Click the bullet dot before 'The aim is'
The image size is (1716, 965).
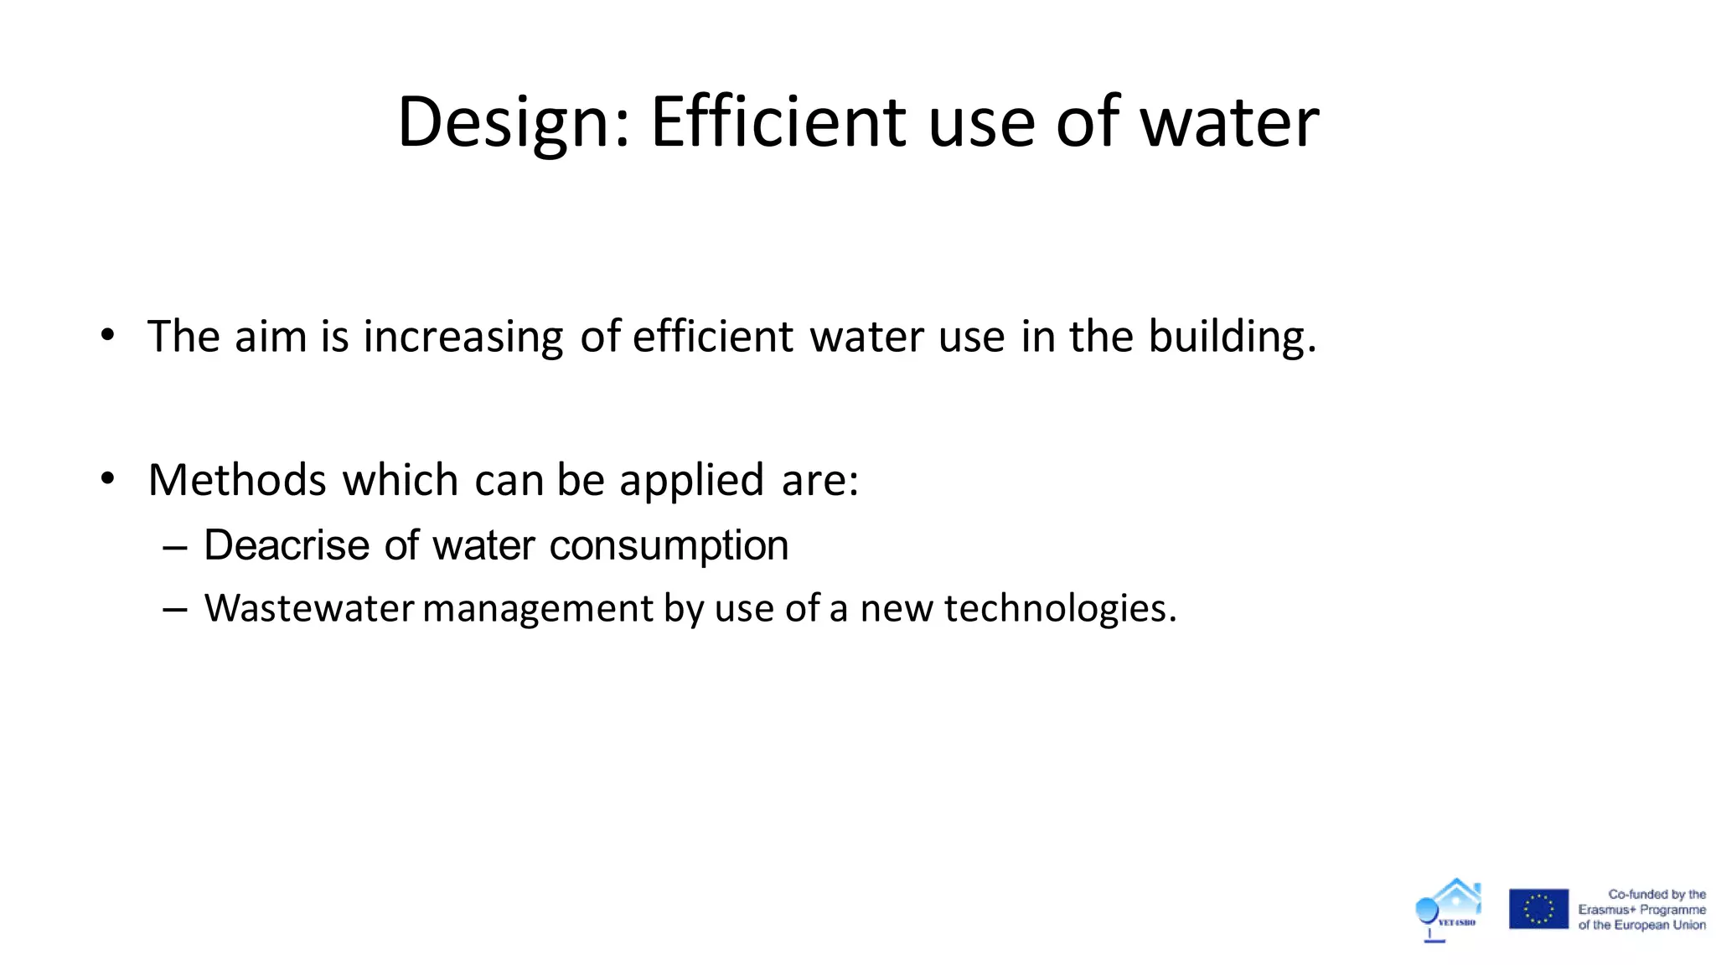pyautogui.click(x=107, y=335)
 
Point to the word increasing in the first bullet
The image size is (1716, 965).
pyautogui.click(x=463, y=338)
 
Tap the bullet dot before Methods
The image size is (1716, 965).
pyautogui.click(x=107, y=479)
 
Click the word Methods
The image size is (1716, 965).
pyautogui.click(x=237, y=480)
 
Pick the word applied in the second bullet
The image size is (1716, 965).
pyautogui.click(x=691, y=482)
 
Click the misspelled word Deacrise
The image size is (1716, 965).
pyautogui.click(x=287, y=545)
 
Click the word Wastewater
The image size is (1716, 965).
pyautogui.click(x=309, y=608)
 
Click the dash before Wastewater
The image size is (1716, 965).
pyautogui.click(x=175, y=609)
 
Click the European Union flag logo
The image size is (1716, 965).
pyautogui.click(x=1538, y=909)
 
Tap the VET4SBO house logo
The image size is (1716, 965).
pyautogui.click(x=1449, y=910)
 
